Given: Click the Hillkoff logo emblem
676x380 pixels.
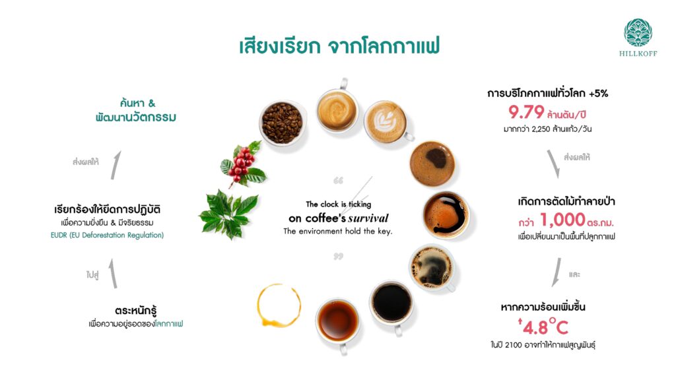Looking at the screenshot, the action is pyautogui.click(x=638, y=32).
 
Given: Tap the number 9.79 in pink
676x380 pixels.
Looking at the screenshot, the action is pyautogui.click(x=526, y=112).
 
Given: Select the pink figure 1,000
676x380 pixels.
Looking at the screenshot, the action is pyautogui.click(x=562, y=220).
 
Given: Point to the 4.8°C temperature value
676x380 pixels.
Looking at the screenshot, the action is pyautogui.click(x=543, y=327).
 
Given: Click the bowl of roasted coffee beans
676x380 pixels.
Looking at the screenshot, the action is pyautogui.click(x=283, y=123).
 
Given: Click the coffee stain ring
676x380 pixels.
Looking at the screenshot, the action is pyautogui.click(x=279, y=305).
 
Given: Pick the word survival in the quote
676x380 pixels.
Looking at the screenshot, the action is pyautogui.click(x=368, y=218).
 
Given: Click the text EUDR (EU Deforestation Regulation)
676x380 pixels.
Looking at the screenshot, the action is pyautogui.click(x=108, y=236).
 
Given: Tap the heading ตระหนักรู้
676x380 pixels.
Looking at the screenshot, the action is pyautogui.click(x=136, y=310).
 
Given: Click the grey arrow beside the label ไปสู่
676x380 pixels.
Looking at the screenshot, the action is pyautogui.click(x=113, y=274).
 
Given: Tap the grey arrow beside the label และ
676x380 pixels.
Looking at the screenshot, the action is pyautogui.click(x=557, y=272).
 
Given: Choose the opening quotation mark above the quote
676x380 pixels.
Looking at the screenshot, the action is pyautogui.click(x=339, y=181).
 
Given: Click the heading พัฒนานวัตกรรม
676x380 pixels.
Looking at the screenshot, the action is pyautogui.click(x=136, y=117).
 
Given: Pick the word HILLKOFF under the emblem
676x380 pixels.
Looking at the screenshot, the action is pyautogui.click(x=638, y=54).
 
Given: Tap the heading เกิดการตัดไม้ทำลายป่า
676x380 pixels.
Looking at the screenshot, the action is pyautogui.click(x=566, y=201).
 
